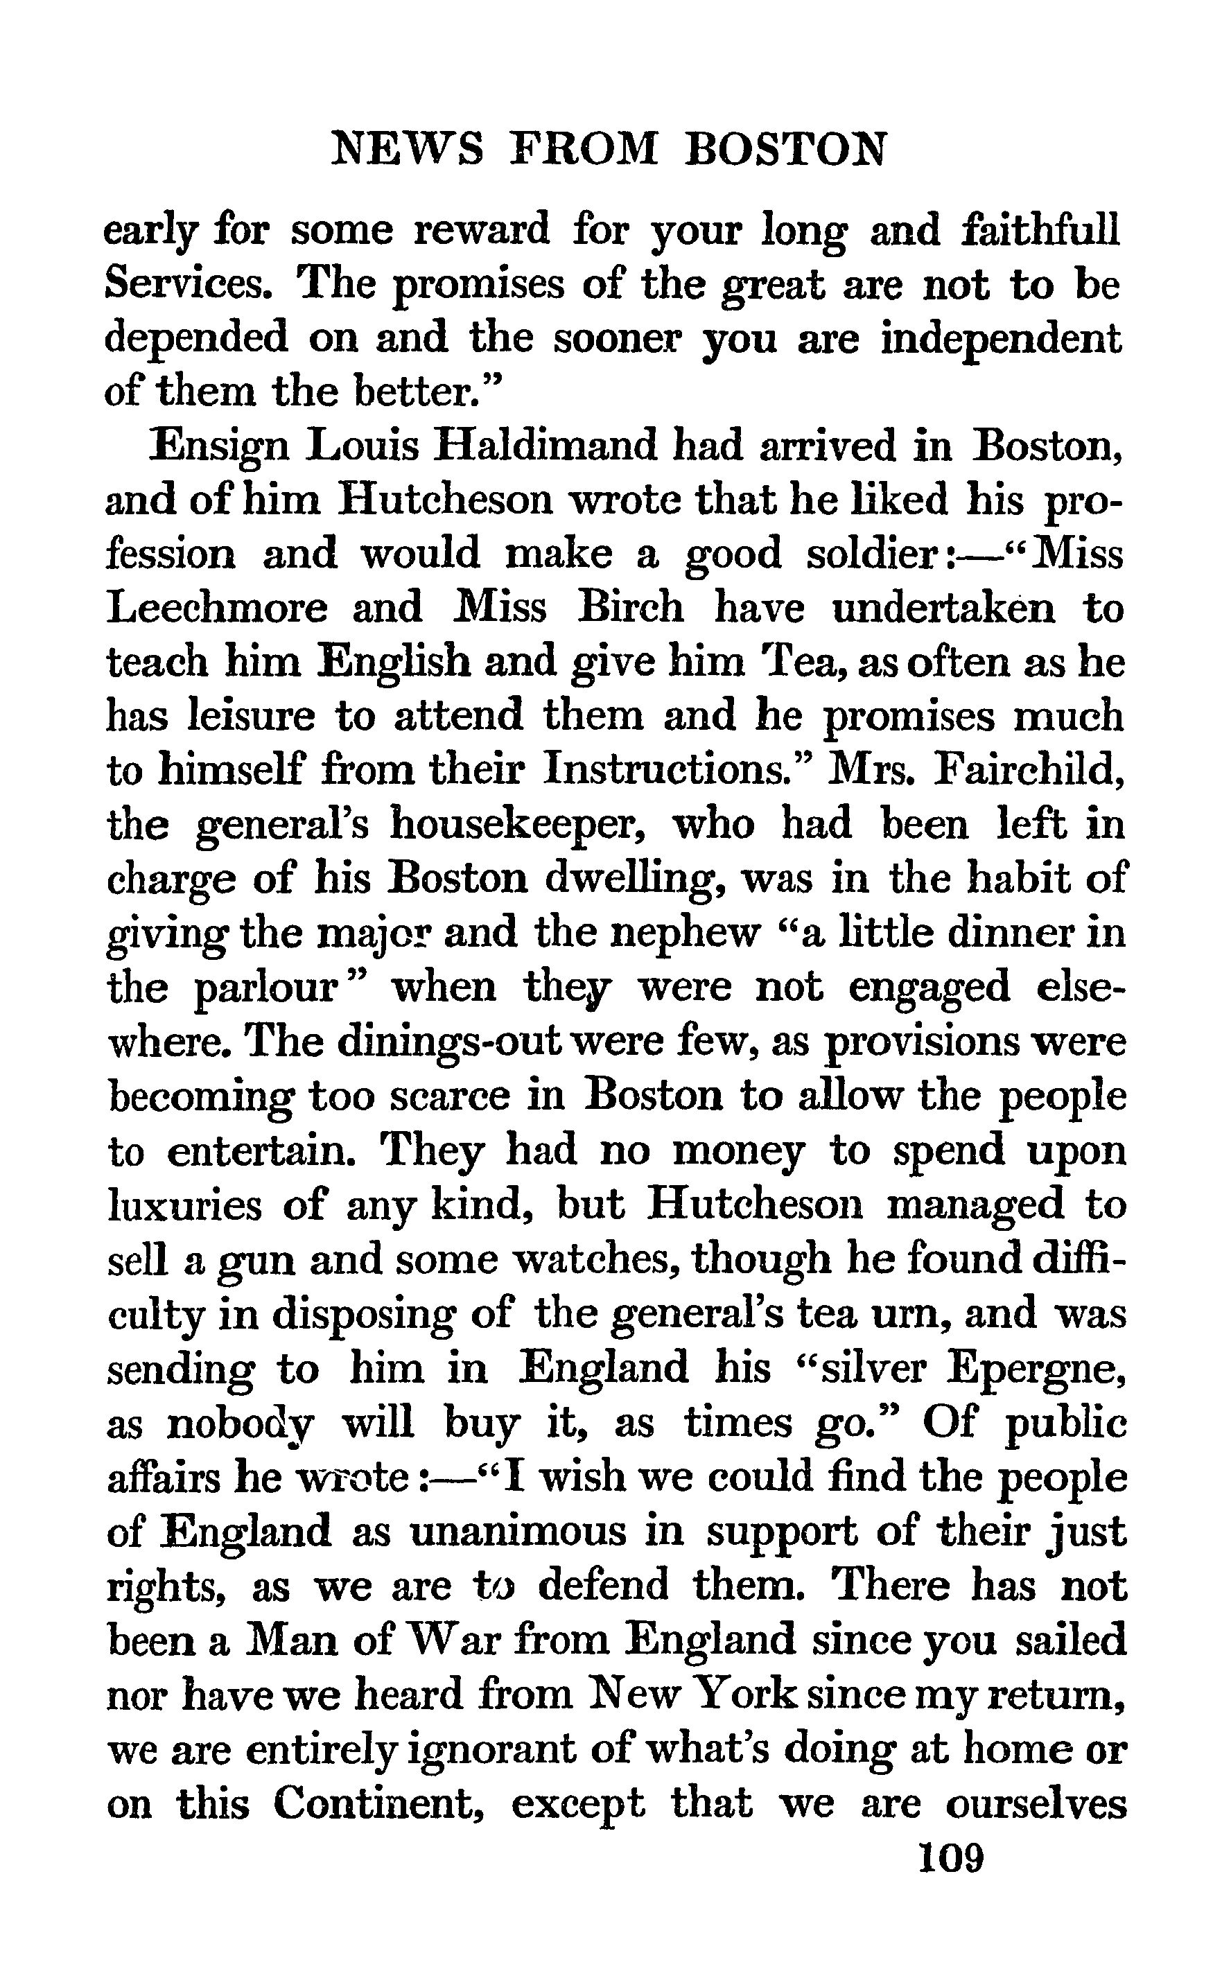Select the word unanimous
(518, 1531)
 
